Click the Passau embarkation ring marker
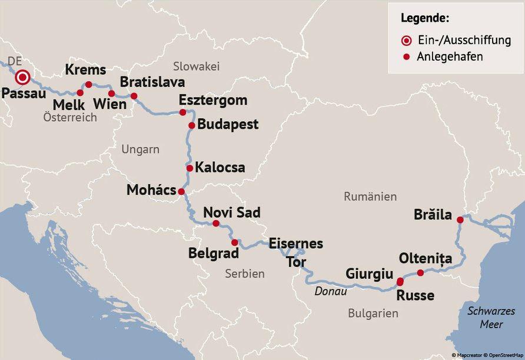click(x=23, y=77)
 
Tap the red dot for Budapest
click(x=192, y=125)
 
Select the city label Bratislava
click(x=152, y=82)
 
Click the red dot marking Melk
click(x=80, y=92)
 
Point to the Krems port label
click(x=85, y=70)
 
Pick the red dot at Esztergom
click(x=182, y=112)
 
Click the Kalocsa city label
click(x=220, y=168)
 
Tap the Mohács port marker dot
click(x=181, y=191)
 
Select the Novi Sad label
click(x=231, y=212)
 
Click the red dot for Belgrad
click(x=234, y=242)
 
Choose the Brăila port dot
click(x=460, y=218)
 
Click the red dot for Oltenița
click(x=420, y=272)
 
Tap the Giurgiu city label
click(x=369, y=274)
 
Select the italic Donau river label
click(x=330, y=291)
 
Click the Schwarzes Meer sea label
click(x=491, y=318)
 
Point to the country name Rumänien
click(x=370, y=196)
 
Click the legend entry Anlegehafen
click(x=450, y=57)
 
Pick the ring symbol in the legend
click(x=406, y=41)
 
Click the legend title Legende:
click(x=425, y=18)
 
